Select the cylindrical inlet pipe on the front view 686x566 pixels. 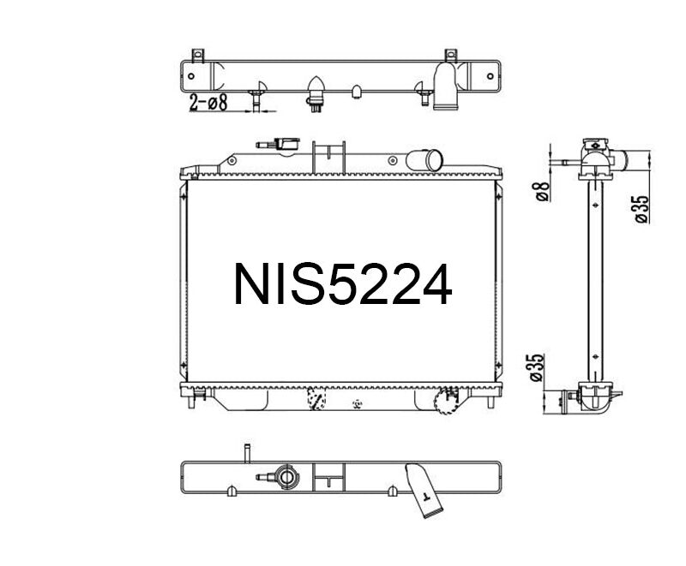click(426, 159)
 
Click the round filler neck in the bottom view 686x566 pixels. click(284, 476)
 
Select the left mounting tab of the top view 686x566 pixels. click(199, 57)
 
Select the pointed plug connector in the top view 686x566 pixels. click(315, 90)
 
